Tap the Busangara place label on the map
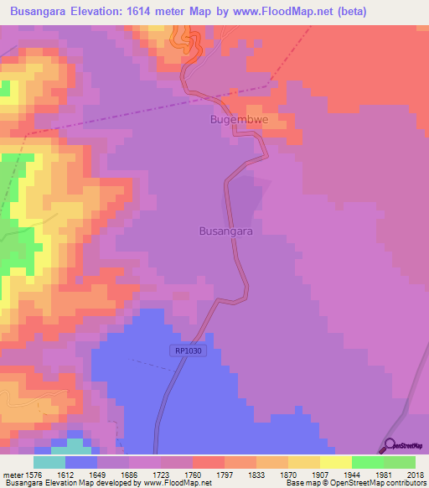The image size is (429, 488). tap(225, 229)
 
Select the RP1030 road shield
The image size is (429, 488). tap(190, 351)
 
